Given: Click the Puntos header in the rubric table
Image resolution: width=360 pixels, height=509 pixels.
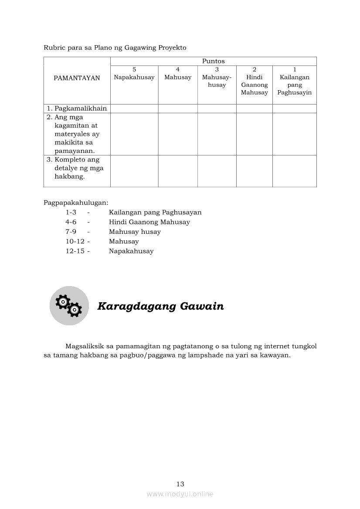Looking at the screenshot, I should point(213,61).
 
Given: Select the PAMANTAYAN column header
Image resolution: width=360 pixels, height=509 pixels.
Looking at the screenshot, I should point(77,78).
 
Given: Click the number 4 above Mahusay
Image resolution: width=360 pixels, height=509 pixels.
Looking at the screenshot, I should point(178,69).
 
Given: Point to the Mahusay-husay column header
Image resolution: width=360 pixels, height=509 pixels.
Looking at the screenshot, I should point(217,81).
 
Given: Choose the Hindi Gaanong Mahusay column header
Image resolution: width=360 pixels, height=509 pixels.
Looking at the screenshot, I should point(255,85).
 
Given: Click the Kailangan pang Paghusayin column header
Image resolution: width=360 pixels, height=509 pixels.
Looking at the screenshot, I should point(295,85).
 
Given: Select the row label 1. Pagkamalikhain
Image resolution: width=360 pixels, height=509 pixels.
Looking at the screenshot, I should point(77,108).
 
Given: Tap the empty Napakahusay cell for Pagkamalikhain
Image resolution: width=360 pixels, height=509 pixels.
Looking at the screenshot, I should point(134,108).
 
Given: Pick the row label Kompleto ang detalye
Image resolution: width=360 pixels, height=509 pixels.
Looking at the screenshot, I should point(75,168).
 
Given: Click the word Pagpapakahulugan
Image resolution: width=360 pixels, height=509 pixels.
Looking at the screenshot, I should point(76,202).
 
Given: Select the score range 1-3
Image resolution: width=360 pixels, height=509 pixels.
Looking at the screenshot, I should point(71,212).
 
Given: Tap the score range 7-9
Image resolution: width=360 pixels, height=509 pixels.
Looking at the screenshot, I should point(71,232).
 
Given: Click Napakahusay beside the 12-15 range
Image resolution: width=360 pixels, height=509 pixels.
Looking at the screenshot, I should point(131,251).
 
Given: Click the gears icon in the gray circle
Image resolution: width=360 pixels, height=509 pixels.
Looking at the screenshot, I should point(69,306).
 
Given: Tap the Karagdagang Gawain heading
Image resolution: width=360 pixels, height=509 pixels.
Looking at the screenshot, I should point(160,306).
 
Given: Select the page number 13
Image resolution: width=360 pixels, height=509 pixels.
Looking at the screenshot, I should point(180,484).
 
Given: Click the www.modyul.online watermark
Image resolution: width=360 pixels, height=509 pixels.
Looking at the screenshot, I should point(180,494).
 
